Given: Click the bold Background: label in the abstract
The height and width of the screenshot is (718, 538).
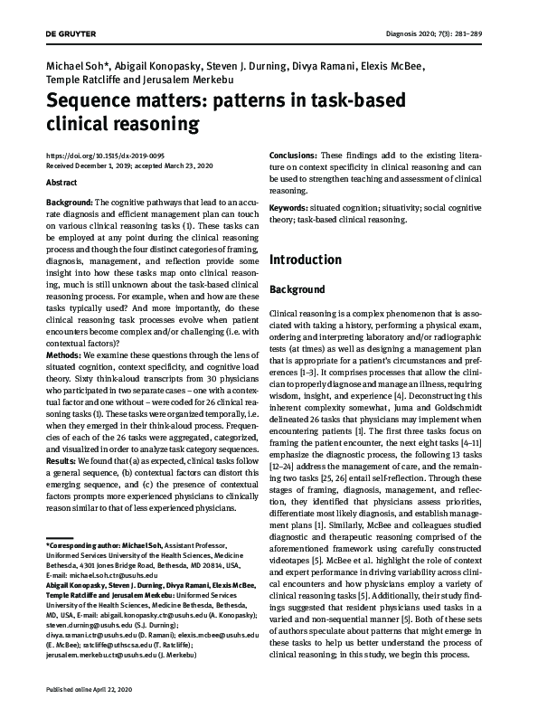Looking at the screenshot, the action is point(69,202).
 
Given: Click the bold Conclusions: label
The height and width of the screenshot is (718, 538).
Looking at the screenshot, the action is point(294,156).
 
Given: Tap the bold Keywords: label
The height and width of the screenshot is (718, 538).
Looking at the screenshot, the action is point(289,209).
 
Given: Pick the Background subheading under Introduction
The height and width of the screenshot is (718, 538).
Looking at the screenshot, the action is point(298,289).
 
